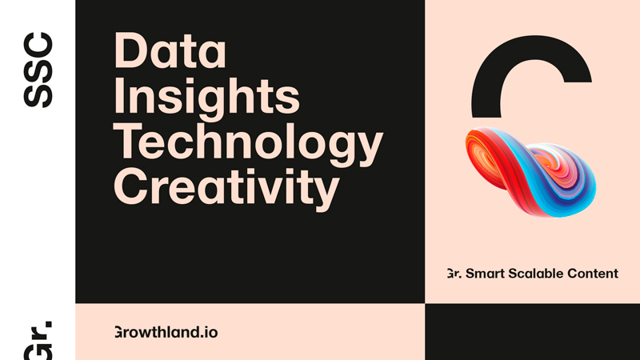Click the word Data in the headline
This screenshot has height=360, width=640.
(x=170, y=50)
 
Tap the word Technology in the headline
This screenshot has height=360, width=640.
(x=248, y=144)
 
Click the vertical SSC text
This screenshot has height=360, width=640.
(x=38, y=70)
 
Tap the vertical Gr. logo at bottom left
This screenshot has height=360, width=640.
(x=38, y=341)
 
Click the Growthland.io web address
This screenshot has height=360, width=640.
(x=166, y=332)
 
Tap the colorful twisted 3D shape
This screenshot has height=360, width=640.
(x=530, y=171)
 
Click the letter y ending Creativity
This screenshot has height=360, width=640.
(x=325, y=194)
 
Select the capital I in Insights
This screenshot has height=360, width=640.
(x=119, y=96)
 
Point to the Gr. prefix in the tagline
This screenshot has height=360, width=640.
(x=454, y=274)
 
